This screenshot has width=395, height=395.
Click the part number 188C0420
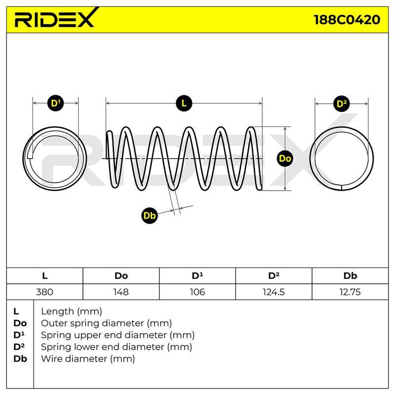click(x=347, y=20)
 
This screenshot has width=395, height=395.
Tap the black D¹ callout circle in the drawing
click(x=55, y=103)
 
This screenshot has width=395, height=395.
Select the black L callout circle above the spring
click(x=184, y=103)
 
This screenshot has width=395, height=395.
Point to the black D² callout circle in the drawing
click(x=342, y=104)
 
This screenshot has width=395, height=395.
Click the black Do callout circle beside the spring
click(x=285, y=158)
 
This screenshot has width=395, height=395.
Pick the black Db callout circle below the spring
click(x=150, y=216)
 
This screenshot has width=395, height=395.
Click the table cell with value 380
click(x=44, y=292)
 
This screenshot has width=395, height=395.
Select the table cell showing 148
click(x=121, y=292)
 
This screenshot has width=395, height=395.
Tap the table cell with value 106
click(x=197, y=292)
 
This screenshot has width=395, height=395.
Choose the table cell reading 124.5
click(x=274, y=292)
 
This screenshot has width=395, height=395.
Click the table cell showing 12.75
click(x=350, y=292)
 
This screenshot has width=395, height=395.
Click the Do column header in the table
click(x=121, y=276)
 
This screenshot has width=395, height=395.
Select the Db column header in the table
click(x=350, y=276)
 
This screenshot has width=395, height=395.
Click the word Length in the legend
click(x=57, y=312)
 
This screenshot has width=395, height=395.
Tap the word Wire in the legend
click(x=52, y=358)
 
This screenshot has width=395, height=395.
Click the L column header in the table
click(x=44, y=276)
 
